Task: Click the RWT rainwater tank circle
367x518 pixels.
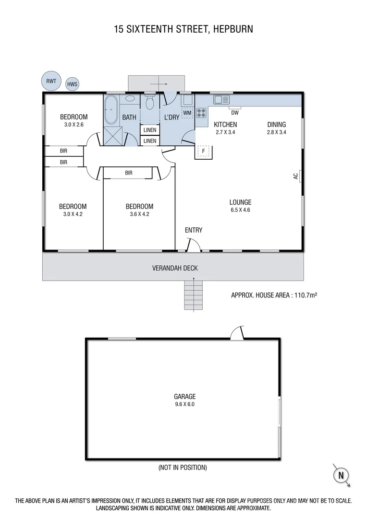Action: (x=51, y=81)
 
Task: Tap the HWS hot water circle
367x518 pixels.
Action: (x=72, y=84)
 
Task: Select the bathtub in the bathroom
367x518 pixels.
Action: (x=111, y=110)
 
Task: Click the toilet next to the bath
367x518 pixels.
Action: (x=149, y=103)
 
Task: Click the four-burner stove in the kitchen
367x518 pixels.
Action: (x=201, y=113)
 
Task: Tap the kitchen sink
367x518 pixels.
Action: (x=221, y=100)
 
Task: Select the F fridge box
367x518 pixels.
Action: (x=203, y=151)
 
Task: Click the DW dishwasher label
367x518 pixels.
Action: (x=235, y=113)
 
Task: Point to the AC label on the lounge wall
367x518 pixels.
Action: (x=296, y=176)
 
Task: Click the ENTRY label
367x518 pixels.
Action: (x=194, y=230)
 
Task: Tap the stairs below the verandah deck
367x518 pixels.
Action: (x=194, y=295)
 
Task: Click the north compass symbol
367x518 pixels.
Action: (x=341, y=475)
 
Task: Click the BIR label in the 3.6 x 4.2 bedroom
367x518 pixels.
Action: (x=129, y=173)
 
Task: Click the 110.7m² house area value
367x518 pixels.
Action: (x=303, y=295)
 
